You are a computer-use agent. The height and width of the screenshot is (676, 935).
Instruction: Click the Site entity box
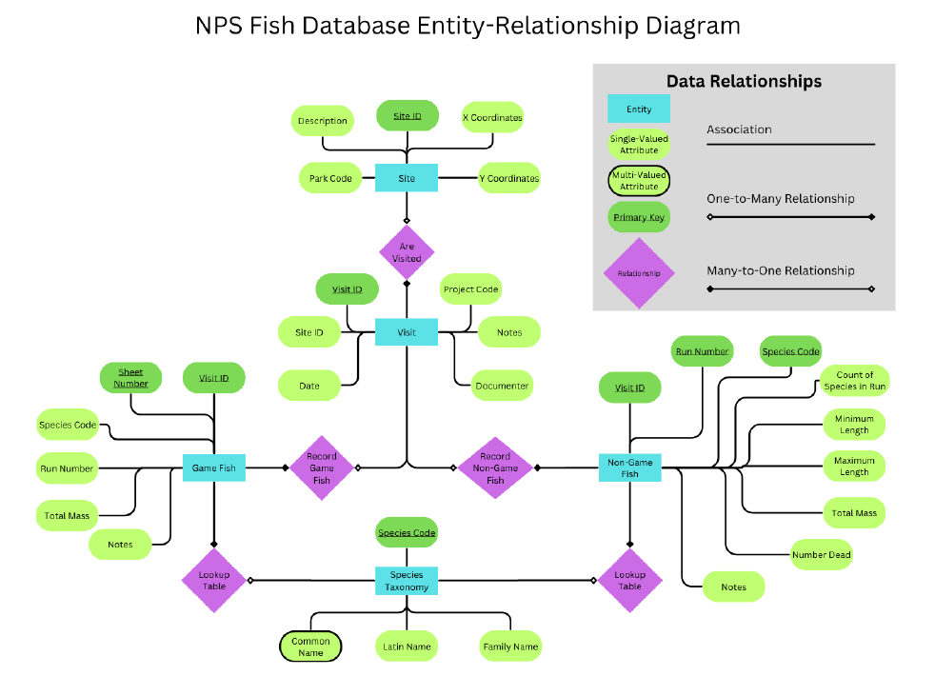tap(407, 178)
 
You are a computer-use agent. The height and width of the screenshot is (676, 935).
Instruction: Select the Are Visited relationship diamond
tap(407, 252)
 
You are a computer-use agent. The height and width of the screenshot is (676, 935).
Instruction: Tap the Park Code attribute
tap(330, 178)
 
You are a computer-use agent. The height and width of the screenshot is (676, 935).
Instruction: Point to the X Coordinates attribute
tap(492, 118)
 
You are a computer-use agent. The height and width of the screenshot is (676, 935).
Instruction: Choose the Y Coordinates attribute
tap(508, 178)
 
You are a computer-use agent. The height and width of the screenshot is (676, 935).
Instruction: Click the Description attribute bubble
tap(322, 121)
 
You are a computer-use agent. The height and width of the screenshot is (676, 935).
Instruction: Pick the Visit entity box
tap(407, 332)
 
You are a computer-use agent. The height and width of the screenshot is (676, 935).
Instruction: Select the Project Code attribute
tap(470, 288)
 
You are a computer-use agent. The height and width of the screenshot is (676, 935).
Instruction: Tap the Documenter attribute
tap(502, 386)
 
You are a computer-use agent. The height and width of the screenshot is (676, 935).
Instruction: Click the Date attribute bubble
tap(309, 386)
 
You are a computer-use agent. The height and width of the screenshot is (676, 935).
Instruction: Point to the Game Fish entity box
tap(213, 467)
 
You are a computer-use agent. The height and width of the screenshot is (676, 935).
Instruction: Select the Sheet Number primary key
tap(130, 377)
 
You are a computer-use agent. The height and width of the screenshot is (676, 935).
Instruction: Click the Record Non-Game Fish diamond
tap(495, 467)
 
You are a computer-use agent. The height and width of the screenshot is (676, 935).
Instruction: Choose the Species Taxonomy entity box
tap(407, 581)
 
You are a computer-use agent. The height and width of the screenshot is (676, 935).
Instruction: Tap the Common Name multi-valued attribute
tap(310, 646)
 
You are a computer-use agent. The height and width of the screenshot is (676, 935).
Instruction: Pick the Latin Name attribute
tap(407, 646)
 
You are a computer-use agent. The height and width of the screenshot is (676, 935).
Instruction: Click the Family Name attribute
tap(511, 646)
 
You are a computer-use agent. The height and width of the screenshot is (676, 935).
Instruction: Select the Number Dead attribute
tap(821, 554)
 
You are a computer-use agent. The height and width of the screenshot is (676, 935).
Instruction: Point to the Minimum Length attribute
tap(853, 425)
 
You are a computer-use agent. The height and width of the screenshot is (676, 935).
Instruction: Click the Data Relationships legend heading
tap(744, 82)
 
